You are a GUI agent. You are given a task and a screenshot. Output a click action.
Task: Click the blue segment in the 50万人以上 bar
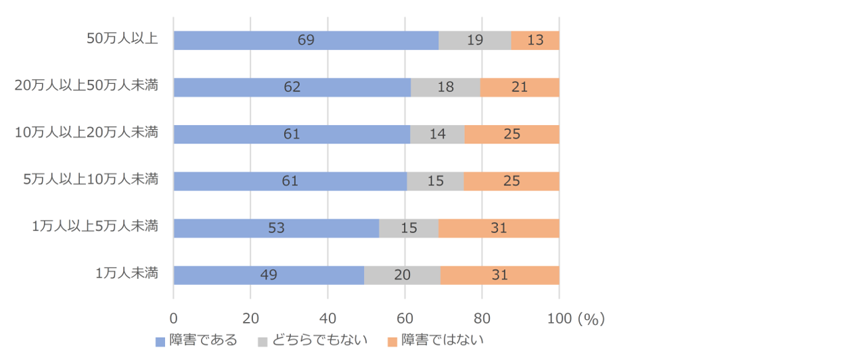point(306,40)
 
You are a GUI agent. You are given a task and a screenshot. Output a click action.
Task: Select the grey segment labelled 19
point(474,40)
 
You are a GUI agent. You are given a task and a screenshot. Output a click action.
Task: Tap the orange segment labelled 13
point(535,40)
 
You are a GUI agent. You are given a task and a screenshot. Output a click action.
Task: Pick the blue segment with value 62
point(292,87)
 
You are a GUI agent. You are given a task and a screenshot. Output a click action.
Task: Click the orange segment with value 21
point(520,87)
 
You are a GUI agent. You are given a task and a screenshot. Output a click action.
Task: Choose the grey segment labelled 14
point(437,134)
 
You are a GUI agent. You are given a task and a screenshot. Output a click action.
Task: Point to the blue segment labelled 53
point(276,228)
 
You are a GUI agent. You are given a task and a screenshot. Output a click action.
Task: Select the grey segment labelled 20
point(402,275)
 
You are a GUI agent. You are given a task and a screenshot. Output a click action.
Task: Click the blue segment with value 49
point(269,275)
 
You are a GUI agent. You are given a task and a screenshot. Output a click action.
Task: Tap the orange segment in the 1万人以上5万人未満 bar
point(499,228)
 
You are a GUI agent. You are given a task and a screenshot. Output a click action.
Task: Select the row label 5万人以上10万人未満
point(91,179)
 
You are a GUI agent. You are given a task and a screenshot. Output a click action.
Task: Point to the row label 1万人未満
point(127,273)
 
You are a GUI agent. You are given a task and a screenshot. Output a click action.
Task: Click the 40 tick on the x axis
point(327,318)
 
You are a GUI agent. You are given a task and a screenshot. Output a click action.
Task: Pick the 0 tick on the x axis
point(174,318)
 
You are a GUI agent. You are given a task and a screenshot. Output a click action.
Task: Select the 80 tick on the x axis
point(482,318)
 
